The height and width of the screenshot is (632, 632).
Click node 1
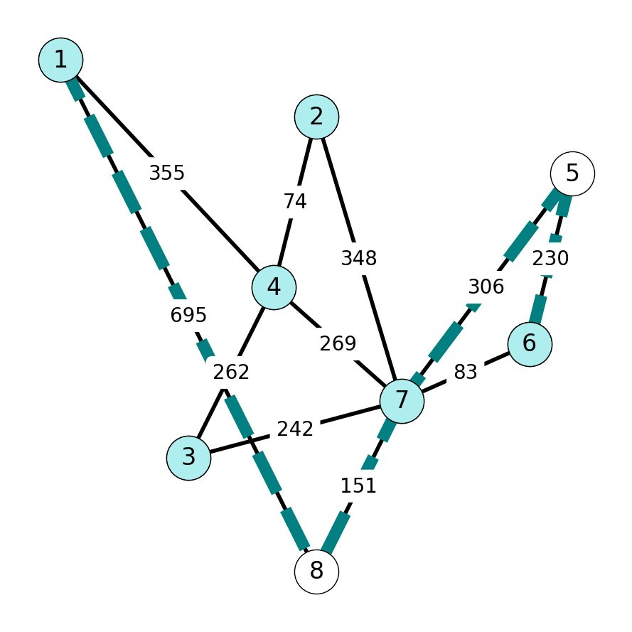(x=61, y=60)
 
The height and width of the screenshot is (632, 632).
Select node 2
(x=316, y=117)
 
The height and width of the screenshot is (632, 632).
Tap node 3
(x=188, y=458)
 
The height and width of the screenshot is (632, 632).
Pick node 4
(x=274, y=287)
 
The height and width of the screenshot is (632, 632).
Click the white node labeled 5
(x=572, y=173)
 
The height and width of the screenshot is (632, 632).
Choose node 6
(x=530, y=344)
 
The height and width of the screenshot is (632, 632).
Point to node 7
(x=402, y=401)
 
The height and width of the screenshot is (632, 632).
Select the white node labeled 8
(x=316, y=572)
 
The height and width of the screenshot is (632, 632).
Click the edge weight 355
(x=167, y=173)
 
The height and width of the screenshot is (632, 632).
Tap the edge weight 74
(x=295, y=201)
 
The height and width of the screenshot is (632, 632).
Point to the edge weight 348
(x=359, y=258)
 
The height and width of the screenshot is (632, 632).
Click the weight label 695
(x=188, y=315)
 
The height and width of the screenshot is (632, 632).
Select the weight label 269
(x=338, y=343)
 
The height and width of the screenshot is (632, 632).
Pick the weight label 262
(x=231, y=372)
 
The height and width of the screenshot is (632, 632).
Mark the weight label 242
(x=295, y=429)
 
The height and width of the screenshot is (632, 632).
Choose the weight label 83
(x=466, y=372)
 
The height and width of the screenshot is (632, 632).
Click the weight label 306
(x=486, y=287)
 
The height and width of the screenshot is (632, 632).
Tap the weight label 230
(x=550, y=258)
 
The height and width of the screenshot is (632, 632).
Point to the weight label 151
(x=358, y=486)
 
